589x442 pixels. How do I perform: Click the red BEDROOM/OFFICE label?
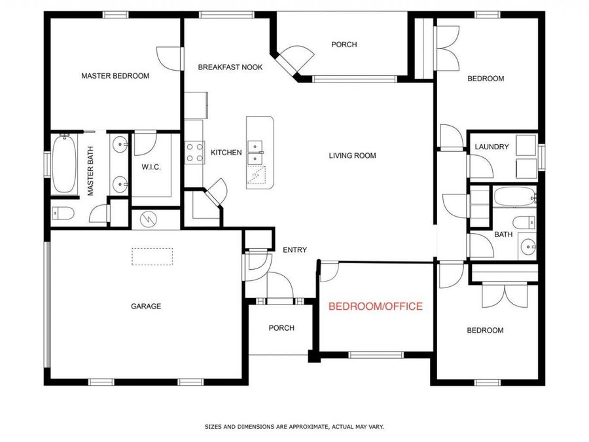click(375, 306)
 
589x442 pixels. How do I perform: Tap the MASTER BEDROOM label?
click(115, 76)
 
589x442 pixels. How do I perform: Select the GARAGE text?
click(145, 306)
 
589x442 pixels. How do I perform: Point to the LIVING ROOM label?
click(352, 155)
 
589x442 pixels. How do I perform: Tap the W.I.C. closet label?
click(151, 167)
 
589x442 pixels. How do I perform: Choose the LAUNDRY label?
click(491, 147)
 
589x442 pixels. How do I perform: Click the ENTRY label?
click(294, 249)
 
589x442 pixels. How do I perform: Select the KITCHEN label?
click(226, 153)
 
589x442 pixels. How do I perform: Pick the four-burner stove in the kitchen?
click(194, 153)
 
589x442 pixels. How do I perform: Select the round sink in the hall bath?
click(527, 247)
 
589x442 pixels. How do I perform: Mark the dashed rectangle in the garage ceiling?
click(152, 256)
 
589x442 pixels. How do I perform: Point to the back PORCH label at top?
click(344, 45)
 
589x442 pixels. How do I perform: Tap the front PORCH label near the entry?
click(281, 328)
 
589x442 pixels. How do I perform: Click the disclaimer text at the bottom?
click(294, 426)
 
